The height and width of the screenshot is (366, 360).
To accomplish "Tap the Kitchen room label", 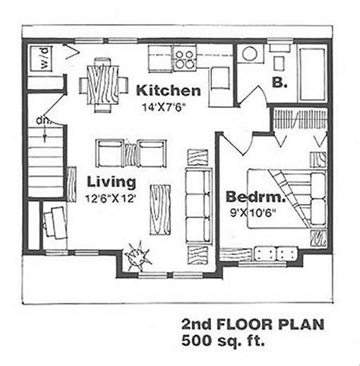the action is [x=169, y=90].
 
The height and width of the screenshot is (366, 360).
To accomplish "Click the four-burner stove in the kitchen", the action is [x=185, y=58].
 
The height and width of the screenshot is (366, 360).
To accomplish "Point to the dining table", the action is [x=103, y=84].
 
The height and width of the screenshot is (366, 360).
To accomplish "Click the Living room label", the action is [x=112, y=182].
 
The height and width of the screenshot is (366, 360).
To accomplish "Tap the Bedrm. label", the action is [x=255, y=197].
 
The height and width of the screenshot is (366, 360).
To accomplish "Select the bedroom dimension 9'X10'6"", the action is [x=253, y=213].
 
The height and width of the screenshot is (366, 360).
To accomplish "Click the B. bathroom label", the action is [x=279, y=82].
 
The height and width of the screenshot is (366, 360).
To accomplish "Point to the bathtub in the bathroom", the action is [x=312, y=74].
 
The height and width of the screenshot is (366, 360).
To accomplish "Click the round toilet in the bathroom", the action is [x=250, y=53].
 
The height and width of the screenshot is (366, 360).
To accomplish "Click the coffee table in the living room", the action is [x=160, y=210].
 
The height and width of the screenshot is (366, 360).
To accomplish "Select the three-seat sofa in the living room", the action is [x=199, y=206].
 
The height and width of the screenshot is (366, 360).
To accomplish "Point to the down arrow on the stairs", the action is [x=45, y=132].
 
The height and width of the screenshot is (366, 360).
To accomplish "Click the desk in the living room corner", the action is [x=55, y=222].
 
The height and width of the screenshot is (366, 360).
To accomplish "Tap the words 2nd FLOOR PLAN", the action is [x=253, y=324].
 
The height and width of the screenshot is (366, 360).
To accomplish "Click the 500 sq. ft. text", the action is [x=223, y=340].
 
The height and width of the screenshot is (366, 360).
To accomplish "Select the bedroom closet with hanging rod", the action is [x=299, y=120].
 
